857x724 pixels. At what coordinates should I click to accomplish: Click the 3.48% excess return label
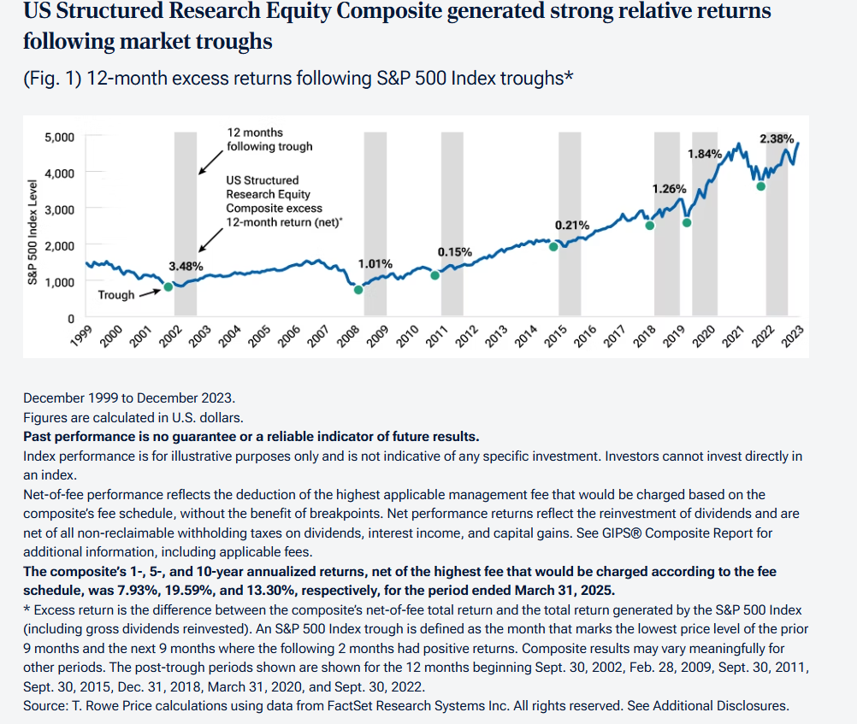[x=186, y=266]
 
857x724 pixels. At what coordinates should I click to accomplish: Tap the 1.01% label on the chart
[x=375, y=263]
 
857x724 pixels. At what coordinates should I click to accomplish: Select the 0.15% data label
[x=454, y=252]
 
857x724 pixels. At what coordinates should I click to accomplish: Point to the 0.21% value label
[x=572, y=225]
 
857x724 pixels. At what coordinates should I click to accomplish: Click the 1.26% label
[x=669, y=188]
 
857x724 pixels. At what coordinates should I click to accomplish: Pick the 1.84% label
[x=706, y=153]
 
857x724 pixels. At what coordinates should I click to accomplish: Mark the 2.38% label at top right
[x=777, y=138]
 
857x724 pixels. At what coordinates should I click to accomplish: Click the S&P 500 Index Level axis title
[x=33, y=231]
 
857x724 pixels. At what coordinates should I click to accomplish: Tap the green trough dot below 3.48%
[x=168, y=286]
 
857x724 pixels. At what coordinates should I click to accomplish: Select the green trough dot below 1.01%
[x=358, y=290]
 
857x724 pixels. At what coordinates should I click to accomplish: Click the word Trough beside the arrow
[x=116, y=295]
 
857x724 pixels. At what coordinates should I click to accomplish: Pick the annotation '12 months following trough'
[x=269, y=139]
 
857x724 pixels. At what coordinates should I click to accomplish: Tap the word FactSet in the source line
[x=379, y=706]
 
